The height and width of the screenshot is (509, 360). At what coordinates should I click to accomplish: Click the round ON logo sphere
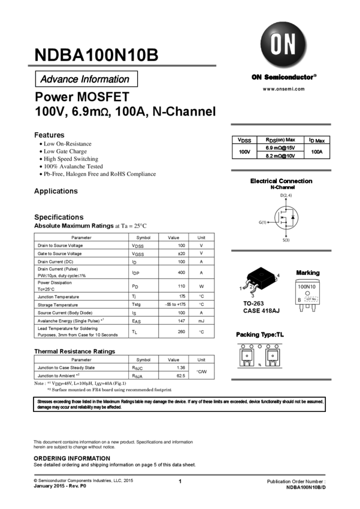(x=284, y=46)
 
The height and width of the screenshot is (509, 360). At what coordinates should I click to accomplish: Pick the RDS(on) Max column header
(x=280, y=140)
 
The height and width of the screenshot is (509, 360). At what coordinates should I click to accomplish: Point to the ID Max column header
(x=317, y=140)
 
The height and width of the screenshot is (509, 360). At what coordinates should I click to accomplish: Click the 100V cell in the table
(x=244, y=152)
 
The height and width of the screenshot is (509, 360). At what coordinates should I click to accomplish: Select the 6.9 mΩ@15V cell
(x=280, y=147)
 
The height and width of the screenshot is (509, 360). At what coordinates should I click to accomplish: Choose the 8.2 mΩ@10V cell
(x=280, y=156)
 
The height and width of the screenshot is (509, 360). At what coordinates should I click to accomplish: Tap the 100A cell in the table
(x=317, y=152)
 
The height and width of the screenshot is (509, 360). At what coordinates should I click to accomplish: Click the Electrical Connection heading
(x=281, y=181)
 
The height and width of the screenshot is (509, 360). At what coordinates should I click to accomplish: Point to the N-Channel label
(x=282, y=187)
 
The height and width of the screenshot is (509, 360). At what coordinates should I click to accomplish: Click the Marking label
(x=308, y=273)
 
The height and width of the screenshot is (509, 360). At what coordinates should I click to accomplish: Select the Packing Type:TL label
(x=259, y=335)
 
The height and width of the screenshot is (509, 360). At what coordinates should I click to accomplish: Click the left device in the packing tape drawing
(x=246, y=357)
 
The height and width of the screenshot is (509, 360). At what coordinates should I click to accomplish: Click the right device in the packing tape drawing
(x=273, y=357)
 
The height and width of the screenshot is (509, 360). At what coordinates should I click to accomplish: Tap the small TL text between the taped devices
(x=259, y=364)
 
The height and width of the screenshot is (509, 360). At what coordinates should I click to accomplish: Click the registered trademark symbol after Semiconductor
(x=316, y=76)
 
